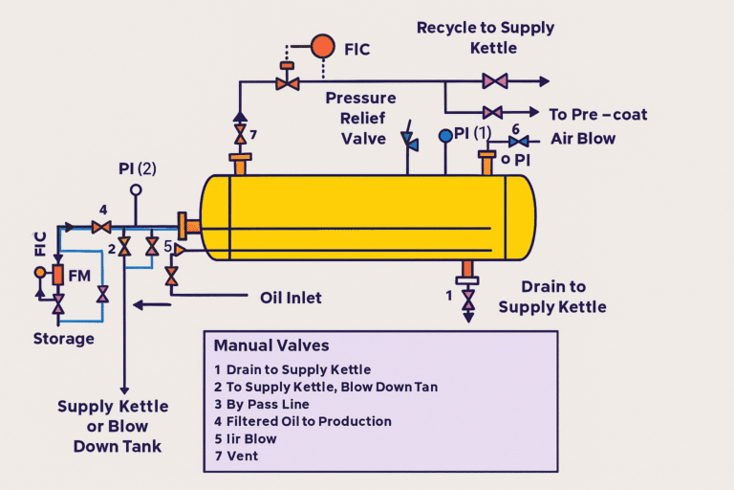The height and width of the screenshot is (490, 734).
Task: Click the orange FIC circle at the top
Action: pos(322,46)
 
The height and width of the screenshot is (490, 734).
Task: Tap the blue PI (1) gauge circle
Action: pos(445,136)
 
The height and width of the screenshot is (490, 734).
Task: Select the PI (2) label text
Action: pos(137,168)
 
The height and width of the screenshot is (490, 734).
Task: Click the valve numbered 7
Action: pos(239,131)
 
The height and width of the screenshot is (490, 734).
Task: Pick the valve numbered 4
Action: pos(98,227)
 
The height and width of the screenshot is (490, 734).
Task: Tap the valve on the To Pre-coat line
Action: pos(492,113)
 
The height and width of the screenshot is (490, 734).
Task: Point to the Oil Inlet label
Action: pos(291,298)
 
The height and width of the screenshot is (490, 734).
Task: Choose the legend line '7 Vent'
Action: pos(236,456)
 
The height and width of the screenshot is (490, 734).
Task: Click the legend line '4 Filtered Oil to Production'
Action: pos(303,421)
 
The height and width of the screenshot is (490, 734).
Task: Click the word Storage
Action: pos(64,339)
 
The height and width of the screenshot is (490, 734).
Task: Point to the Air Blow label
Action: pos(583,138)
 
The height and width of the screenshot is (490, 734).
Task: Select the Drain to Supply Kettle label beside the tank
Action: pos(552,297)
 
